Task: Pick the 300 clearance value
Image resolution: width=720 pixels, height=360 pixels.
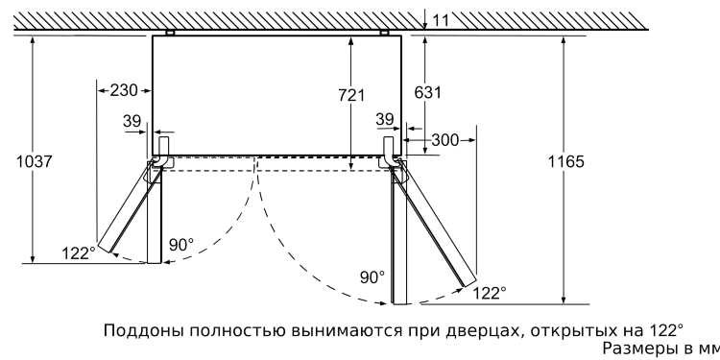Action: click(x=444, y=140)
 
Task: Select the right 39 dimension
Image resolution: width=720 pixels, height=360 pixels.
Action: click(x=386, y=119)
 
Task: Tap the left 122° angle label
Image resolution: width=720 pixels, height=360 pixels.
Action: click(x=79, y=252)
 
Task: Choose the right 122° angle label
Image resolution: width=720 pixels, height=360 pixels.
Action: click(x=491, y=293)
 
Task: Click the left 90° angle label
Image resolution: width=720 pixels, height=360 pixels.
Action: click(x=180, y=245)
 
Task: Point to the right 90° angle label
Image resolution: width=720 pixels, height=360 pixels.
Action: click(x=372, y=277)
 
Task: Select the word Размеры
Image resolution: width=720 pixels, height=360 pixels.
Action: click(x=637, y=349)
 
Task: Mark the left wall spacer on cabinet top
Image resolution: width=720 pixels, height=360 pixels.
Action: click(x=170, y=32)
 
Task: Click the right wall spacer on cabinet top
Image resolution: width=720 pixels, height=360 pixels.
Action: click(x=383, y=32)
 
